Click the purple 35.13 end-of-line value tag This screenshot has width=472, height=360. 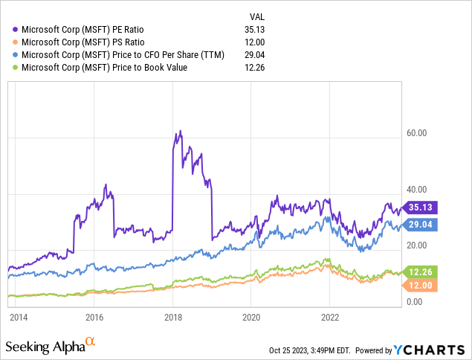point(418,208)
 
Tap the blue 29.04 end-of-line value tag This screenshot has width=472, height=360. point(418,224)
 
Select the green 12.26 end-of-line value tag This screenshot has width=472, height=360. point(418,272)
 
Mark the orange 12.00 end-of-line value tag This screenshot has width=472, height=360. point(418,286)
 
